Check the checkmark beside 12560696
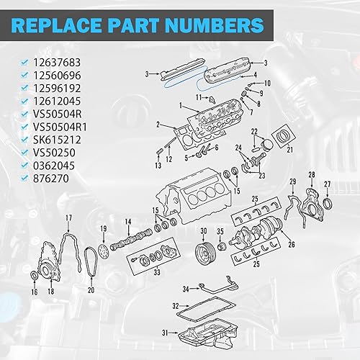(26, 75)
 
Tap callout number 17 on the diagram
(68, 217)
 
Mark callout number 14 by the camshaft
(128, 222)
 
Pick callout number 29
(292, 181)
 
